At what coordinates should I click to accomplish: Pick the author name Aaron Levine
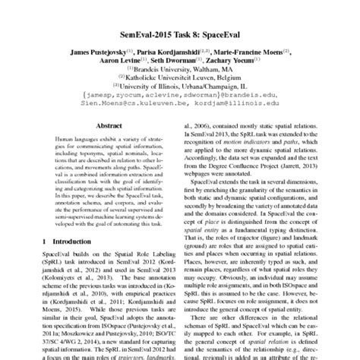tap(128, 67)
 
